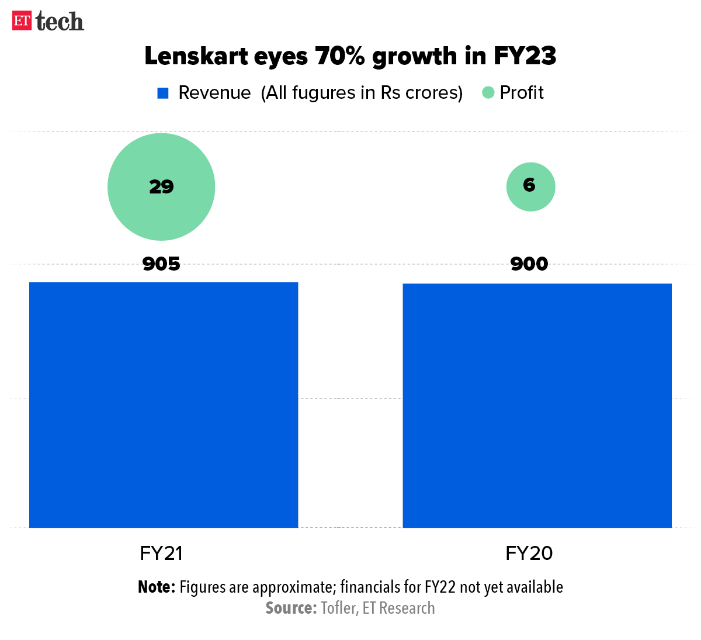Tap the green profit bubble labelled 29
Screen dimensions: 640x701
pyautogui.click(x=161, y=187)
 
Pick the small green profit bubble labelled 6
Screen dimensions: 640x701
pyautogui.click(x=530, y=186)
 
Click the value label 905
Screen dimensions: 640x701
pyautogui.click(x=161, y=264)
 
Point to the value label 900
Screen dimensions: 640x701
pyautogui.click(x=529, y=264)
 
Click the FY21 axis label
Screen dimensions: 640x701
pyautogui.click(x=161, y=553)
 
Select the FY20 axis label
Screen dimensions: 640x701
pyautogui.click(x=529, y=553)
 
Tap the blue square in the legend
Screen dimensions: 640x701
pyautogui.click(x=163, y=93)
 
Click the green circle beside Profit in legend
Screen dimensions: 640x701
pyautogui.click(x=488, y=92)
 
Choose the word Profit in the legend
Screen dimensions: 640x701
pyautogui.click(x=522, y=92)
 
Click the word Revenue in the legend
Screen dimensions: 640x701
pyautogui.click(x=214, y=92)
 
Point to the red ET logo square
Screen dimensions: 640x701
pyautogui.click(x=22, y=20)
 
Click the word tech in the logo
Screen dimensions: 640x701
pyautogui.click(x=60, y=22)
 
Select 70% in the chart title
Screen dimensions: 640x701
pyautogui.click(x=341, y=56)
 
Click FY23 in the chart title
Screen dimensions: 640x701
pyautogui.click(x=525, y=56)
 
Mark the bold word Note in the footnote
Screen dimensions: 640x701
pyautogui.click(x=156, y=587)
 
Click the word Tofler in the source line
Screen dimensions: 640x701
pyautogui.click(x=338, y=608)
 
